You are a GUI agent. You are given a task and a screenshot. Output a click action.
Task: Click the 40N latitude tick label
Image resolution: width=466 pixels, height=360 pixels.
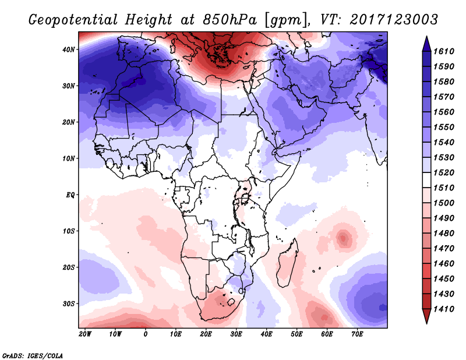click(x=69, y=50)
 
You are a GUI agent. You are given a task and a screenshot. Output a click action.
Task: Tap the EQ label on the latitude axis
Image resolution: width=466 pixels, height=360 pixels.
click(x=70, y=195)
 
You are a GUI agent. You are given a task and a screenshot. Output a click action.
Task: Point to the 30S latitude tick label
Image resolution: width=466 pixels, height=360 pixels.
click(x=69, y=303)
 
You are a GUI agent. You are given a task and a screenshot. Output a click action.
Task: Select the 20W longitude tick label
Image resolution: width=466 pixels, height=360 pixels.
click(x=85, y=334)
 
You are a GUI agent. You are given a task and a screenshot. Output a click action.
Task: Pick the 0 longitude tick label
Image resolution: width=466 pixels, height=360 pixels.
click(x=146, y=334)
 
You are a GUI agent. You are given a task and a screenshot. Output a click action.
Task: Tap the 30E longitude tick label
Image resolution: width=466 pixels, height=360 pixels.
click(x=236, y=334)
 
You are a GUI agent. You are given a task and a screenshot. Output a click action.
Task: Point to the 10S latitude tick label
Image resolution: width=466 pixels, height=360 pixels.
click(x=69, y=231)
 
